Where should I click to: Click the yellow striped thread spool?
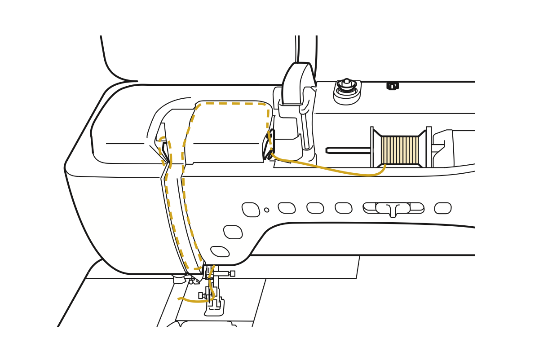point(399,150)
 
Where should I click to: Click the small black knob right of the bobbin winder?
point(392,85)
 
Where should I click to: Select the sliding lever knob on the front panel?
point(393,209)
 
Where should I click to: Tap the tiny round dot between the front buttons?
point(267,210)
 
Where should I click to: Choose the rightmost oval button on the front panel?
point(443,208)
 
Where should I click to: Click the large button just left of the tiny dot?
point(251,210)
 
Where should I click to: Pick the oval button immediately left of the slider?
point(344,208)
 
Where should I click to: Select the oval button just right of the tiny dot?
point(287,208)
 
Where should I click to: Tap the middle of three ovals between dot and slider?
point(315,208)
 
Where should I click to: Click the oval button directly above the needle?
point(220,251)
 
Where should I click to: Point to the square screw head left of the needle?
point(201,295)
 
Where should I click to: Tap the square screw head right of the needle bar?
point(233,273)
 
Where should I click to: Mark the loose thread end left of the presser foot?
point(179,299)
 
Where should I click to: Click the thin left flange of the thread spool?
point(372,147)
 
